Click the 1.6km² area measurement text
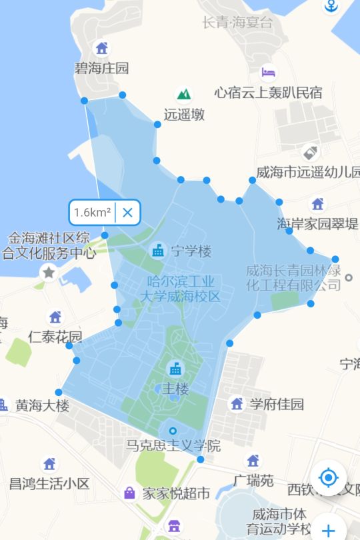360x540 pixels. tap(92, 213)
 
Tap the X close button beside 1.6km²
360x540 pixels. tap(128, 213)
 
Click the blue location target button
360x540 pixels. tap(328, 477)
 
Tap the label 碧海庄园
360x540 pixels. tap(101, 68)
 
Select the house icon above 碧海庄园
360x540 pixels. tap(101, 48)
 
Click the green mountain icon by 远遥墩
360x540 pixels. tap(183, 94)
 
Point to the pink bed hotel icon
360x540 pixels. tap(268, 72)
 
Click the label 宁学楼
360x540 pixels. tap(191, 251)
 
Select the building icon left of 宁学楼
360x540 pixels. tap(158, 251)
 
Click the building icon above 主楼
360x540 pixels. tap(175, 368)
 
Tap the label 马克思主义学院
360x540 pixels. tap(173, 445)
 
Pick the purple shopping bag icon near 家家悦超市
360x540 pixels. tap(129, 493)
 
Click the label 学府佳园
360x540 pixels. tap(277, 404)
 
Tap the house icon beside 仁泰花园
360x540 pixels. tap(55, 317)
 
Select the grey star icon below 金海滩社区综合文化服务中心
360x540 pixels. tap(49, 272)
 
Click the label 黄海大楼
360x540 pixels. tap(42, 405)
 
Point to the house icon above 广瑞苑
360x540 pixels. tap(253, 461)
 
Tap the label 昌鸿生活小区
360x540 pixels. tap(49, 483)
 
